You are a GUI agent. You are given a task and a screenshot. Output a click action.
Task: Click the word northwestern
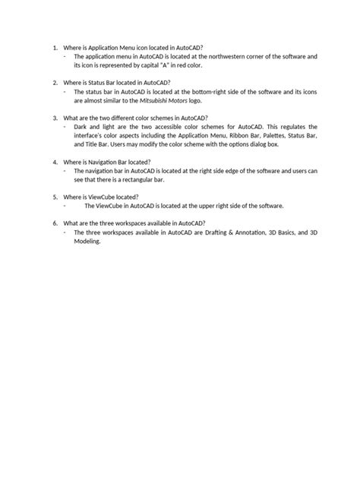coord(251,57)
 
